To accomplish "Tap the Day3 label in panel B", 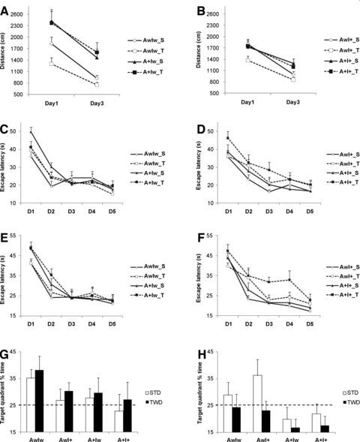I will [x=293, y=102].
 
